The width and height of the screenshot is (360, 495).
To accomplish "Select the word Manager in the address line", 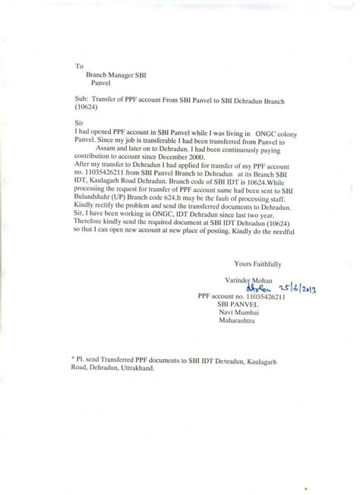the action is (x=120, y=77).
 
